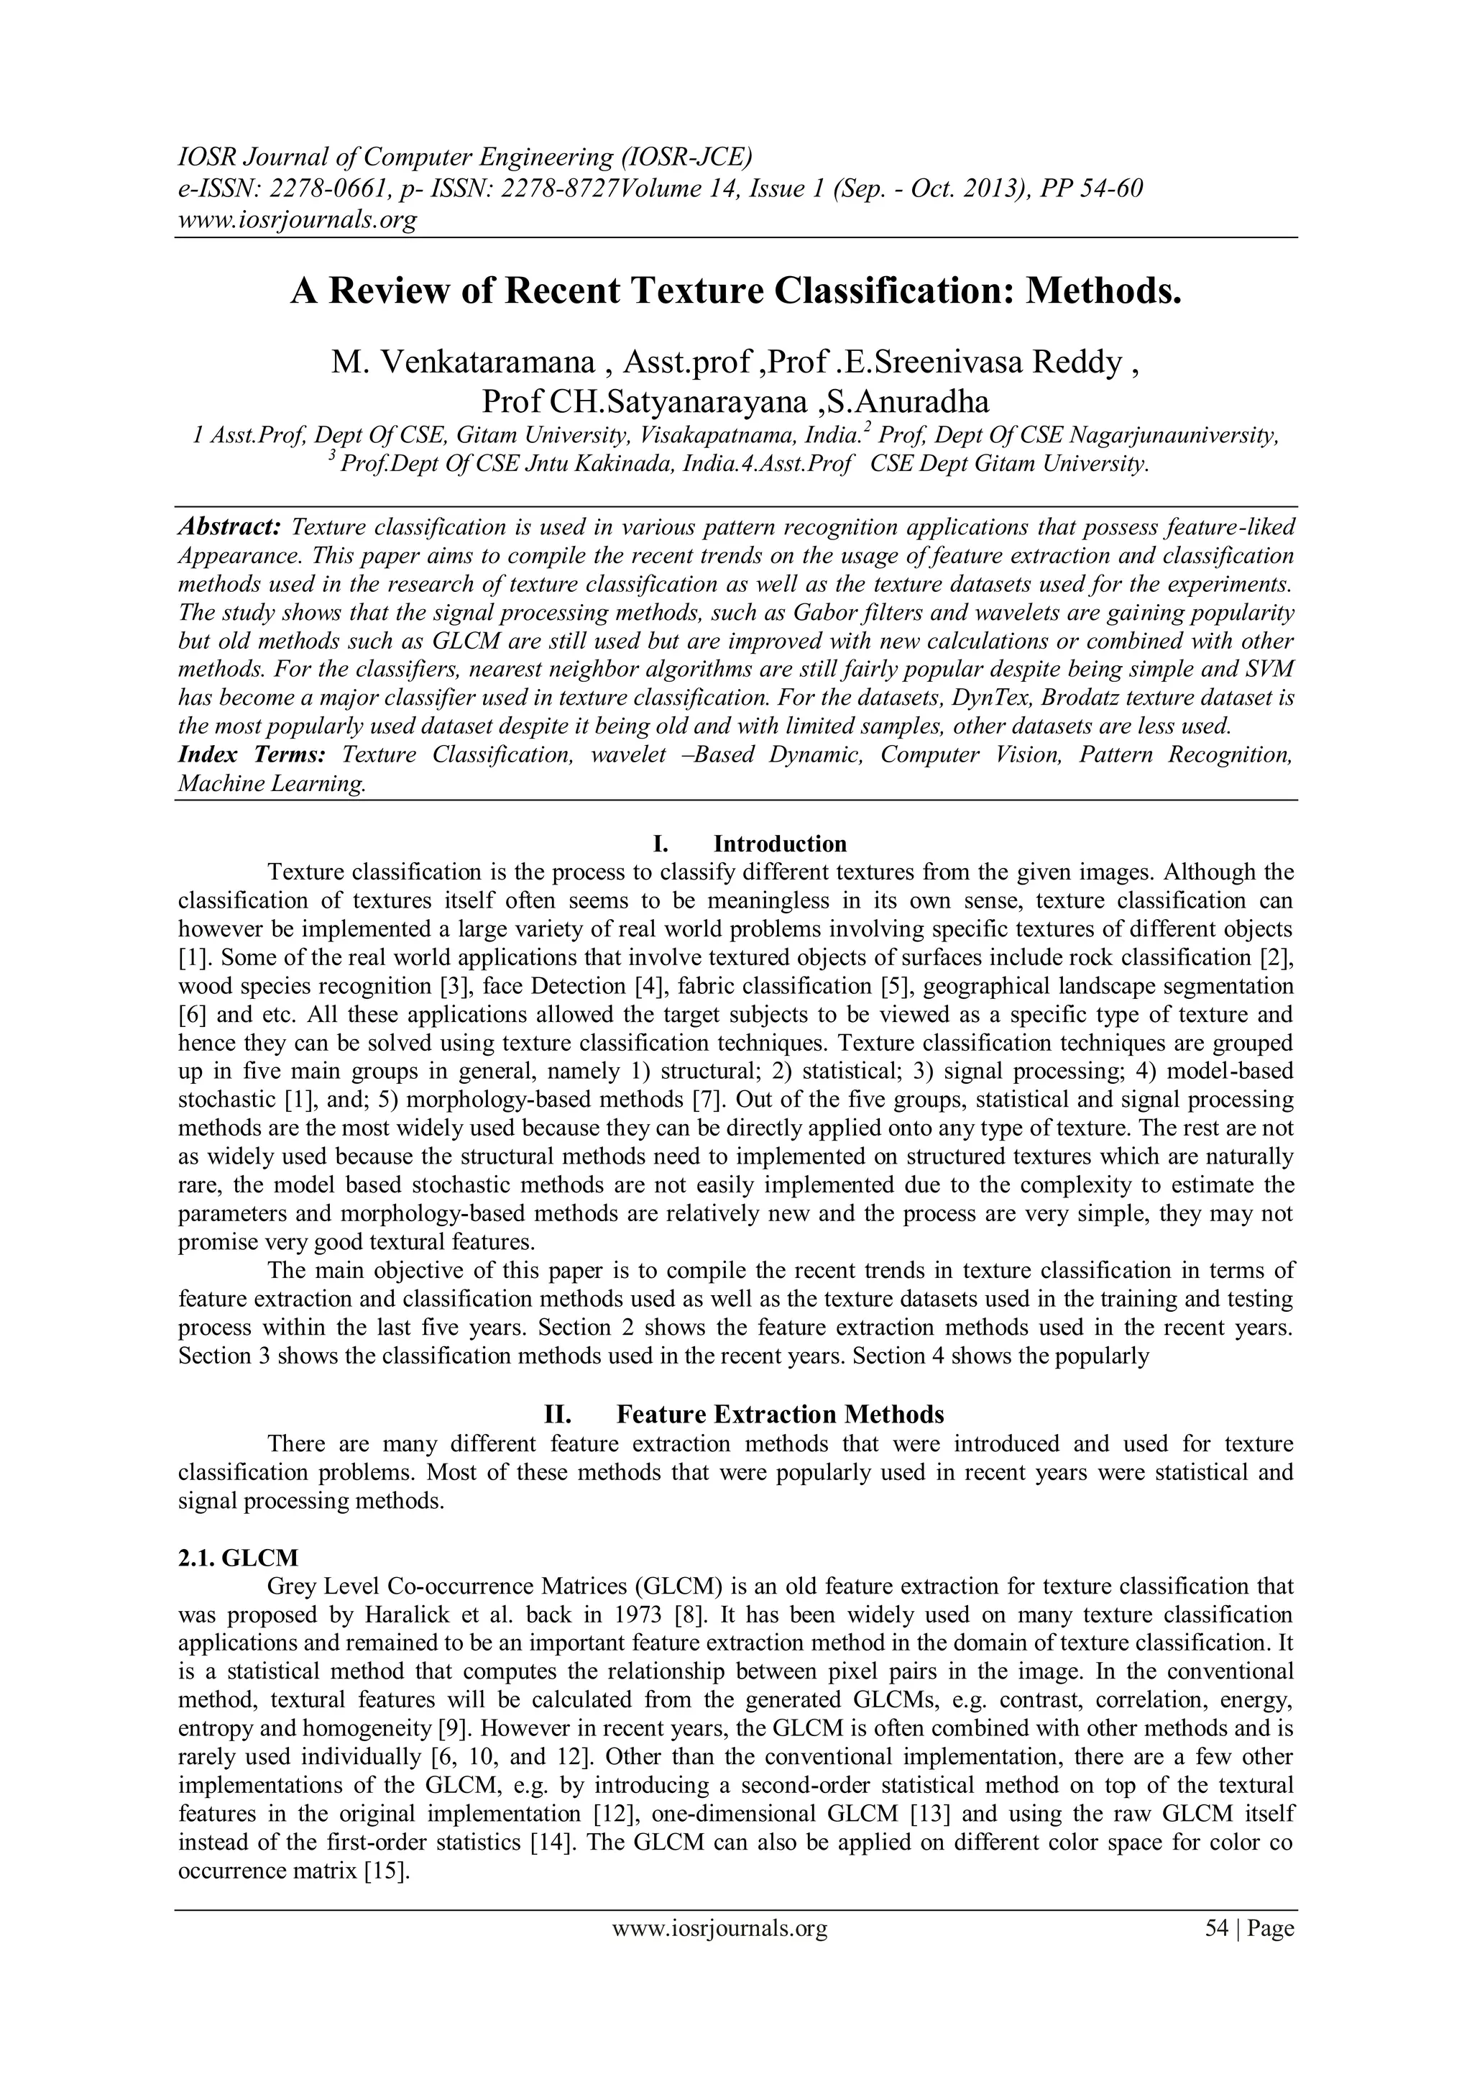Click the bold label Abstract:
(x=229, y=527)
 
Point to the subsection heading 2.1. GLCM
(x=237, y=1557)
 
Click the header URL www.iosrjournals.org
(x=296, y=219)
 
